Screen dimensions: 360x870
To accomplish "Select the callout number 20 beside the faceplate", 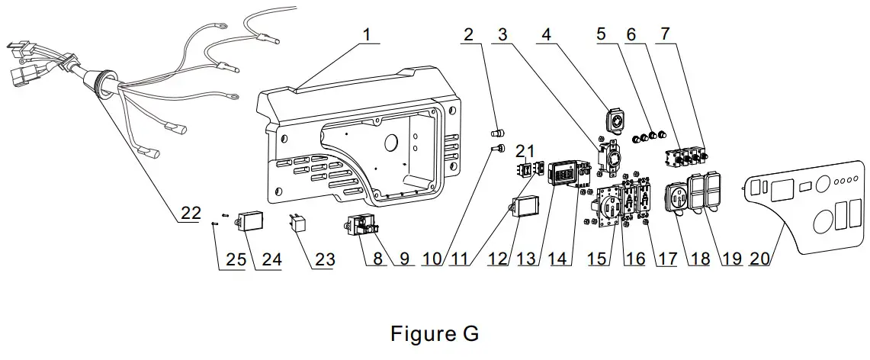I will point(759,259).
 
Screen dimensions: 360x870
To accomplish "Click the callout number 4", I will point(545,35).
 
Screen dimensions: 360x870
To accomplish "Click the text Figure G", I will point(435,334).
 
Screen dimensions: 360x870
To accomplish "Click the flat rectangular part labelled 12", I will point(525,208).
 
